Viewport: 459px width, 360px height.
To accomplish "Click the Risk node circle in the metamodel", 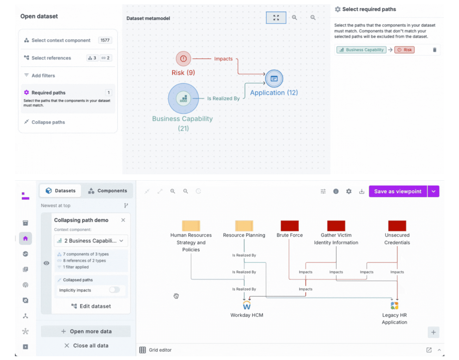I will click(183, 59).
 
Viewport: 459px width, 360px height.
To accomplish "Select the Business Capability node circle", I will click(183, 99).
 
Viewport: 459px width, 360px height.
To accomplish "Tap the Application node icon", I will click(274, 79).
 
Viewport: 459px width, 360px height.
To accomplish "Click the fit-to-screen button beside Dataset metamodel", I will click(276, 18).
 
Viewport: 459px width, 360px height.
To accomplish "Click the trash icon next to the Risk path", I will click(434, 50).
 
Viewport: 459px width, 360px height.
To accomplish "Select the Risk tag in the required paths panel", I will click(404, 50).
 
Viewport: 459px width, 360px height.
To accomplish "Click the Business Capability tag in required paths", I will click(361, 50).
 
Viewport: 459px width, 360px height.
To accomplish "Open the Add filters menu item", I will click(43, 75).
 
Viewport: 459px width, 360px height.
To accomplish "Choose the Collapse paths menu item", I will click(48, 122).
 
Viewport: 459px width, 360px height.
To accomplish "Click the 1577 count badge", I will click(105, 40).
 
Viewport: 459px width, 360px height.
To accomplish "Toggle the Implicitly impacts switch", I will click(114, 290).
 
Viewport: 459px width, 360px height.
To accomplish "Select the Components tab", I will click(107, 191).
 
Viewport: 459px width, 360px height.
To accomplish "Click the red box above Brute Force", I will click(290, 226).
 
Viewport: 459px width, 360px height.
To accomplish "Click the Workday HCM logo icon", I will click(247, 305).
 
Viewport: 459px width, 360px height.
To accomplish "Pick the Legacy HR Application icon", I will click(394, 305).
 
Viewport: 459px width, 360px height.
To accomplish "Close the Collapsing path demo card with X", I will click(123, 220).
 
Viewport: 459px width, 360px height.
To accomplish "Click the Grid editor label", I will click(160, 350).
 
